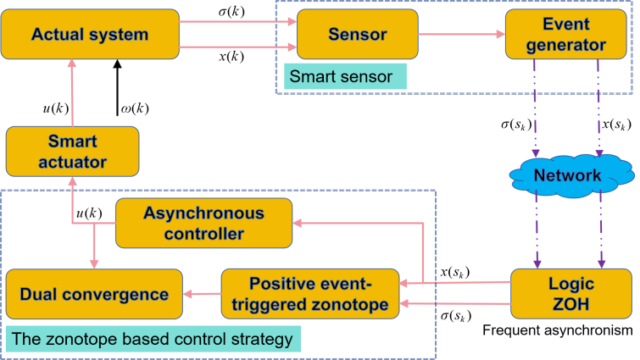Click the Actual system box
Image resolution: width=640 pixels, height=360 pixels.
coord(89,35)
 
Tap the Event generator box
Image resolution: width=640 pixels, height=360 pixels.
coord(565,35)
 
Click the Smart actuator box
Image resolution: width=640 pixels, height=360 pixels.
coord(72,151)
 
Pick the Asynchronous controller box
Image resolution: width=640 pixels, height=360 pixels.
coord(203,223)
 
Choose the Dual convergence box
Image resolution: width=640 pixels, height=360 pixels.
coord(94,294)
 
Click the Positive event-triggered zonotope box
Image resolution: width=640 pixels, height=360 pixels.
coord(310,294)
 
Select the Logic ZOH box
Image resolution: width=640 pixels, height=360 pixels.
coord(571,294)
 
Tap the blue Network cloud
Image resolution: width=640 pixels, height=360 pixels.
coord(567,176)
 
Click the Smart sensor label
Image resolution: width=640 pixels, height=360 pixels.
coord(342,77)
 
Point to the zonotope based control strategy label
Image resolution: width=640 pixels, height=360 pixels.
coord(153,340)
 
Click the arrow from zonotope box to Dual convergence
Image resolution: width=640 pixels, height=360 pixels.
coord(202,294)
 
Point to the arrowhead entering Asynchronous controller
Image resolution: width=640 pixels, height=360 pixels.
coord(298,222)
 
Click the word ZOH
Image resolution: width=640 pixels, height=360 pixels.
coord(571,304)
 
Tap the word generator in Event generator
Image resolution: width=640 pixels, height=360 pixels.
coord(565,45)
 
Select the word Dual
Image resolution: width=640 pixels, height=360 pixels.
coord(40,294)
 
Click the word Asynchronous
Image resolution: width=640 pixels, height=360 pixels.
coord(203,213)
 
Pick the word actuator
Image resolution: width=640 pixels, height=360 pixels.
coord(72,161)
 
